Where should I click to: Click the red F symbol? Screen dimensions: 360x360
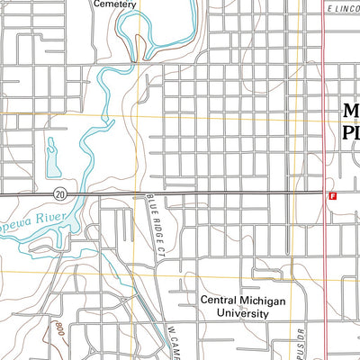(x=332, y=193)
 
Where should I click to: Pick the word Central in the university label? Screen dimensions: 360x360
(x=224, y=300)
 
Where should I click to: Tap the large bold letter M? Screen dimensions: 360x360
(x=351, y=112)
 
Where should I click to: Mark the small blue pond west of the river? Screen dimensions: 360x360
(x=53, y=160)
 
